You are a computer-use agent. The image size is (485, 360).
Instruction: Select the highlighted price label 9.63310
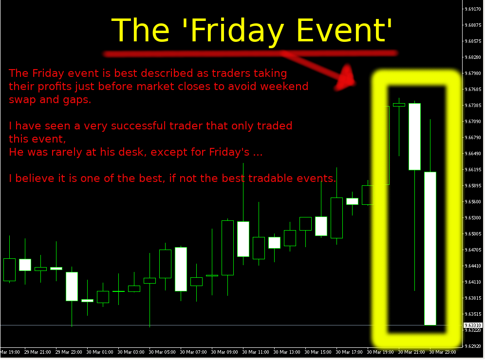473,325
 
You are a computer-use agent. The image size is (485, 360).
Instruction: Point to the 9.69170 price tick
473,9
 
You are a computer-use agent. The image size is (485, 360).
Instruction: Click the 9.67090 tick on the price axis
473,122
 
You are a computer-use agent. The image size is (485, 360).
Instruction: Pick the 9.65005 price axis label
473,234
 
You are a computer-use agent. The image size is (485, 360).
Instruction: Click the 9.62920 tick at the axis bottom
473,346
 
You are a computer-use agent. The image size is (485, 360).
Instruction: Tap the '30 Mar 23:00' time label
443,352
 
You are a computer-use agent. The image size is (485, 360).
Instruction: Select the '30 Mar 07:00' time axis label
193,352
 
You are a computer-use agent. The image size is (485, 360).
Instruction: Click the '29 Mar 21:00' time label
37,352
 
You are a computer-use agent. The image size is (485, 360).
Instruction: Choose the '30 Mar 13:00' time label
287,352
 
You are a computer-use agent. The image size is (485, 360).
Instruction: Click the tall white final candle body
430,249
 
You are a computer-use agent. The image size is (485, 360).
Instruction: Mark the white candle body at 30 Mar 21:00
414,137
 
